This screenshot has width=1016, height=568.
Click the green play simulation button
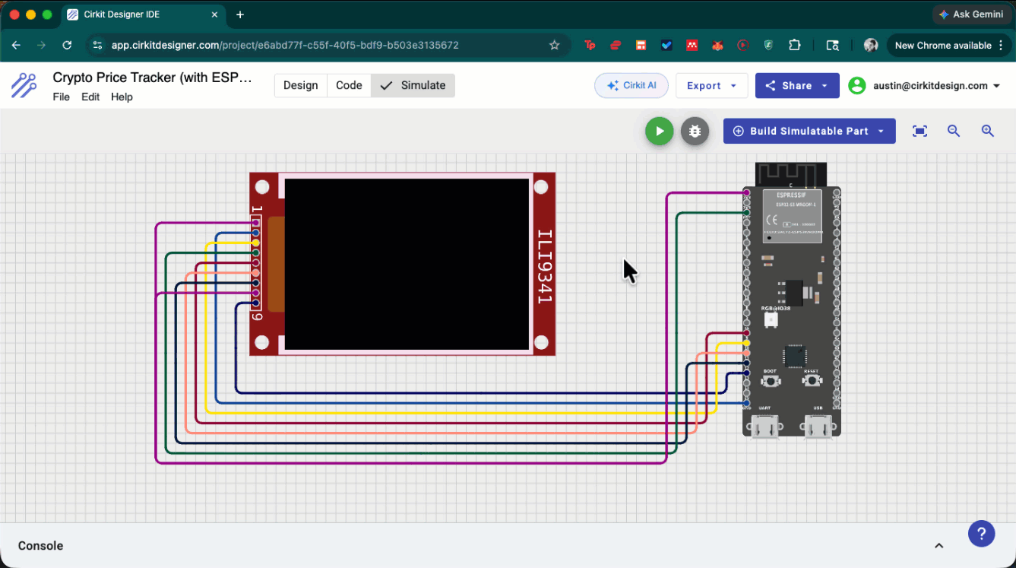pos(659,131)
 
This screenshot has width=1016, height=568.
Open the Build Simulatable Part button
pos(809,131)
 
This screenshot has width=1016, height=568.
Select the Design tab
pos(300,85)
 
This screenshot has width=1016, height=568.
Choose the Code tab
pos(349,85)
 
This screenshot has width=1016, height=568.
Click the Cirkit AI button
pos(631,85)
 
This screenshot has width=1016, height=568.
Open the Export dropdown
pos(711,85)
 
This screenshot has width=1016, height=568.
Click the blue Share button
pos(796,85)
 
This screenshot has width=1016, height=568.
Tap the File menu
pos(61,97)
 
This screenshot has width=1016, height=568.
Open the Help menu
pos(122,97)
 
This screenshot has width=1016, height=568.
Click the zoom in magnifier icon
pos(987,131)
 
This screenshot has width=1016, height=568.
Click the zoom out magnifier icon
pos(954,131)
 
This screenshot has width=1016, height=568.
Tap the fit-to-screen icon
pos(919,131)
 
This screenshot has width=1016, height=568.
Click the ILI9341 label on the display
pos(544,266)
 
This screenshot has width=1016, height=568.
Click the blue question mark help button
pos(981,533)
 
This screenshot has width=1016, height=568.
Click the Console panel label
pos(40,545)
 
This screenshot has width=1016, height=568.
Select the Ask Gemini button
pos(970,14)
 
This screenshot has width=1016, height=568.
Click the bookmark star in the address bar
pos(555,45)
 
